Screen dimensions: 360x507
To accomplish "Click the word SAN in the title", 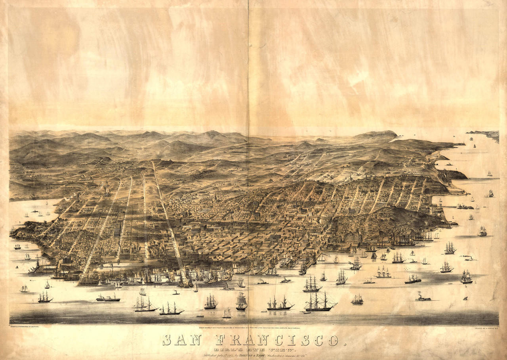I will (x=182, y=340).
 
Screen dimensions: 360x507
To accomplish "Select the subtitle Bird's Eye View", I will (x=253, y=350).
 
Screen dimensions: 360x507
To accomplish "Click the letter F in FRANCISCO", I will (x=222, y=340).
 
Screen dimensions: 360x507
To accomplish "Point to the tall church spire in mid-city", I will (x=215, y=196).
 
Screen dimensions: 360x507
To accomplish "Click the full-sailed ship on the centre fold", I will (x=241, y=301).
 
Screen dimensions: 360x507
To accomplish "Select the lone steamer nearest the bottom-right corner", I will (x=423, y=298).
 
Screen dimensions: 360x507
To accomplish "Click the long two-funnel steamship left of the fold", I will (x=108, y=298).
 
